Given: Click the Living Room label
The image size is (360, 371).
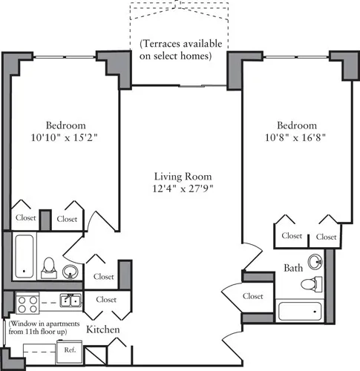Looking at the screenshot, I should click(x=183, y=177).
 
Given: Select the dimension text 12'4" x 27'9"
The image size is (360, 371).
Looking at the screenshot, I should click(x=183, y=189).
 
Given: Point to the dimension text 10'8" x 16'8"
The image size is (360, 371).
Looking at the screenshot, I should click(x=296, y=137).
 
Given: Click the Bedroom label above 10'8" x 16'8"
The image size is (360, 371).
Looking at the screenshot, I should click(x=296, y=125).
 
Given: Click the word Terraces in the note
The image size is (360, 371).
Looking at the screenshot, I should click(x=165, y=42).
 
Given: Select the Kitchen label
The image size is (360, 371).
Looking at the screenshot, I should click(x=103, y=329).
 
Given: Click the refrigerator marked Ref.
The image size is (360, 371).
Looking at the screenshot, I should click(x=70, y=349).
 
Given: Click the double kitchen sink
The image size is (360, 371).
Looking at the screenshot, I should click(x=71, y=301).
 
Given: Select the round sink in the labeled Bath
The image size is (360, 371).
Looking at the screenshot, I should click(x=316, y=261).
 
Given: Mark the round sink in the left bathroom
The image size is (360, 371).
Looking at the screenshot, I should click(x=71, y=272).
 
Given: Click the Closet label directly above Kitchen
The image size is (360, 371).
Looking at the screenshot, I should click(x=105, y=300).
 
